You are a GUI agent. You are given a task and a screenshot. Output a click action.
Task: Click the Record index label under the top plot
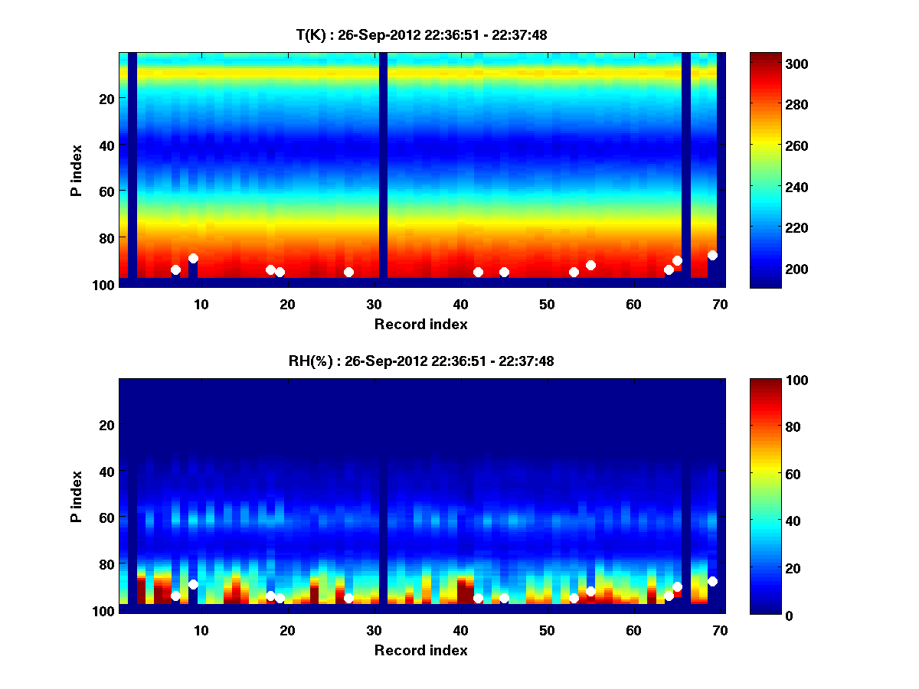pyautogui.click(x=420, y=324)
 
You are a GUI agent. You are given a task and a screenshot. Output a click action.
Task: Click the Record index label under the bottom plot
pyautogui.click(x=420, y=650)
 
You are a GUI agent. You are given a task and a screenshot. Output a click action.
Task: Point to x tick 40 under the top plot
pyautogui.click(x=460, y=304)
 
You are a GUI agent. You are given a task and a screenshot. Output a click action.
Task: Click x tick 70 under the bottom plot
pyautogui.click(x=720, y=630)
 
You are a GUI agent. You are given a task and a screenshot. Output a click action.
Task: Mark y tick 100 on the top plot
pyautogui.click(x=105, y=285)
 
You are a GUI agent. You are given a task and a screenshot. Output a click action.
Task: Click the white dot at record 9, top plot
pyautogui.click(x=193, y=259)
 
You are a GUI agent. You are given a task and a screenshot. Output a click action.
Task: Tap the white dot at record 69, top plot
pyautogui.click(x=712, y=255)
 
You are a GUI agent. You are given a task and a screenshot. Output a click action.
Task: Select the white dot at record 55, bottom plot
pyautogui.click(x=590, y=591)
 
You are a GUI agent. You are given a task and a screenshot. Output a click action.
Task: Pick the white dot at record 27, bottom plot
pyautogui.click(x=348, y=598)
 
